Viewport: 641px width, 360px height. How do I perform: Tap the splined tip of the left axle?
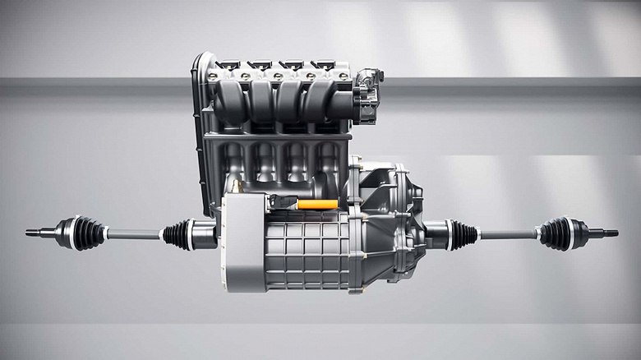33,233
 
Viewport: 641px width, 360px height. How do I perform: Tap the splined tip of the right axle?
610,233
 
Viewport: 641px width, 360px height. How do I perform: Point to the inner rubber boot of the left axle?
178,234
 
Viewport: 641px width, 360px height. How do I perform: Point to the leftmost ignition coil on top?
228,65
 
